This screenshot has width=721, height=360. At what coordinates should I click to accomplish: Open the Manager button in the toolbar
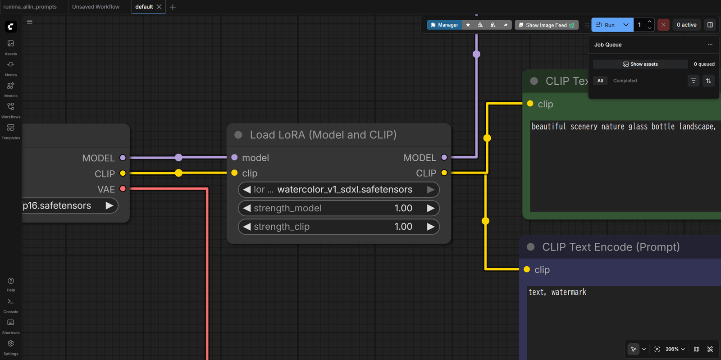(444, 25)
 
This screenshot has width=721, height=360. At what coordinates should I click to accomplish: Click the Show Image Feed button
(546, 25)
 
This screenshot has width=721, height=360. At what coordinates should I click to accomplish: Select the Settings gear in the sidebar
(11, 344)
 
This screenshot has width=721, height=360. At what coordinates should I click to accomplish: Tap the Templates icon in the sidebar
(11, 128)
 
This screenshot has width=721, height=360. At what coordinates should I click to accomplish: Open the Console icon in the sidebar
(11, 302)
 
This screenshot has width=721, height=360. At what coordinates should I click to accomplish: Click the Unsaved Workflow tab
(96, 7)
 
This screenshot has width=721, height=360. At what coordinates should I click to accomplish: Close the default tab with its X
(159, 7)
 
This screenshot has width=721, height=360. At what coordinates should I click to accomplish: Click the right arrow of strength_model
(430, 208)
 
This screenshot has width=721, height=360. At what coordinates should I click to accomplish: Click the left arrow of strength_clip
(247, 227)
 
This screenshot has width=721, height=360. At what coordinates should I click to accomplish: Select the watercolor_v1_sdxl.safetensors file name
(345, 189)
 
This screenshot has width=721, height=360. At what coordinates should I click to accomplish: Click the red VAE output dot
(123, 188)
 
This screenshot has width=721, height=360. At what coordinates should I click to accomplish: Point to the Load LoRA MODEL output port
(444, 157)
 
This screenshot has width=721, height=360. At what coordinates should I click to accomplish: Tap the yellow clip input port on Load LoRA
(234, 173)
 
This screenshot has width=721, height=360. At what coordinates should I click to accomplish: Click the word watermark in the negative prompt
(569, 292)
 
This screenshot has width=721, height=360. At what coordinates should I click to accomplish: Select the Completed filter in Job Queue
(625, 81)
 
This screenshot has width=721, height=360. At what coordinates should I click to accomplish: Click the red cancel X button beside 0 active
(663, 25)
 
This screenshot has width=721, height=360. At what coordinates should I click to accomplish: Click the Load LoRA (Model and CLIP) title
(323, 135)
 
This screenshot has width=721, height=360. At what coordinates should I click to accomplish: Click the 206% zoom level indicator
(672, 349)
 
